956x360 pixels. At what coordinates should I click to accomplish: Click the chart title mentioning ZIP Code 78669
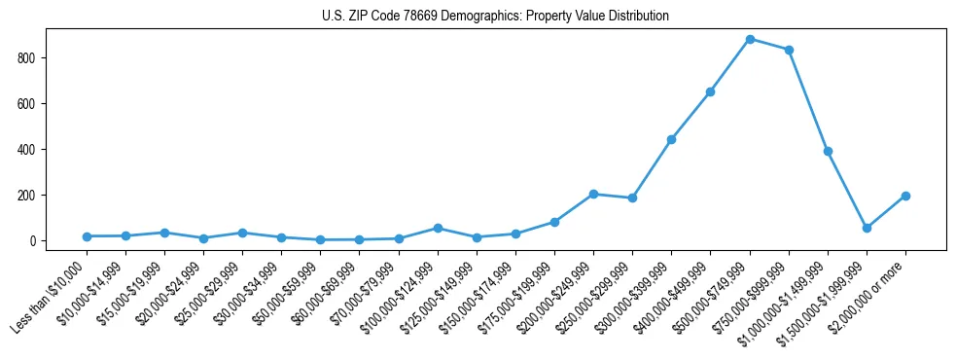tap(495, 17)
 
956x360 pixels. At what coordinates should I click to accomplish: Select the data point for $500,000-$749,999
tap(750, 39)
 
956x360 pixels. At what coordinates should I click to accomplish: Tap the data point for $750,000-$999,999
tap(789, 50)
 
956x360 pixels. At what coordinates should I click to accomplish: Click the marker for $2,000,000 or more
tap(905, 196)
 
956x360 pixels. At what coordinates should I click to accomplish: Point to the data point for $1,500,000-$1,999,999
tap(867, 228)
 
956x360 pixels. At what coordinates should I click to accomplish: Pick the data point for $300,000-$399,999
tap(671, 139)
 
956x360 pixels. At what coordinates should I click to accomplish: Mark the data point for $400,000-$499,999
tap(710, 91)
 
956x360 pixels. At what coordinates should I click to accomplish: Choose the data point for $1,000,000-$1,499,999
tap(828, 151)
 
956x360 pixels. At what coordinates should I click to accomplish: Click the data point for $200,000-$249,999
tap(593, 194)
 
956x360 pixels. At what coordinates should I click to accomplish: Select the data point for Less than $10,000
tap(87, 236)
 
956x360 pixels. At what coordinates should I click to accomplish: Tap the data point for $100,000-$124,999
tap(438, 228)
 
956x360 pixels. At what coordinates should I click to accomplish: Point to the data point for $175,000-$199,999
tap(554, 222)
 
